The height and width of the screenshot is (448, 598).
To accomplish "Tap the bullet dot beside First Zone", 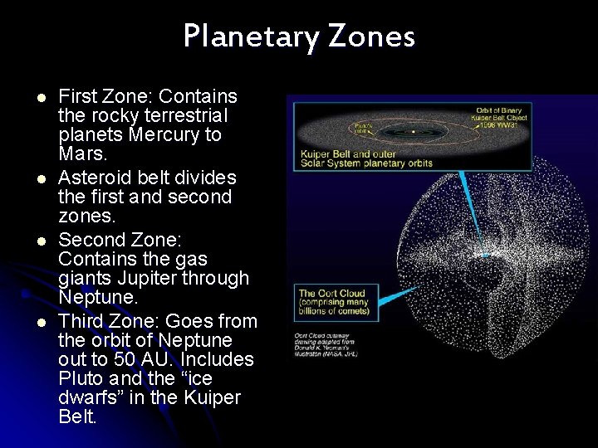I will click(x=39, y=97).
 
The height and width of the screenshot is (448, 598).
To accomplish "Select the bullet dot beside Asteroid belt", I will click(x=39, y=178).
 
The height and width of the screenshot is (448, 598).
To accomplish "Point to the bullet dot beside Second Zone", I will click(x=39, y=241).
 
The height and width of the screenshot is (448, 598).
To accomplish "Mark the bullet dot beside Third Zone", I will click(x=39, y=322).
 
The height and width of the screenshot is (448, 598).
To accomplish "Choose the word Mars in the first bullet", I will click(x=82, y=154).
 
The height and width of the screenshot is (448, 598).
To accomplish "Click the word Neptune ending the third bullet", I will click(x=96, y=297).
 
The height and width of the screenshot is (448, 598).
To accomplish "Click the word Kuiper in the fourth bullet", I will click(x=211, y=397).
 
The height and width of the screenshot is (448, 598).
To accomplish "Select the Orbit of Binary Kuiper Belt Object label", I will click(x=500, y=115).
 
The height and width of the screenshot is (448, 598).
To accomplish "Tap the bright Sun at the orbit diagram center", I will click(x=413, y=131).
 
